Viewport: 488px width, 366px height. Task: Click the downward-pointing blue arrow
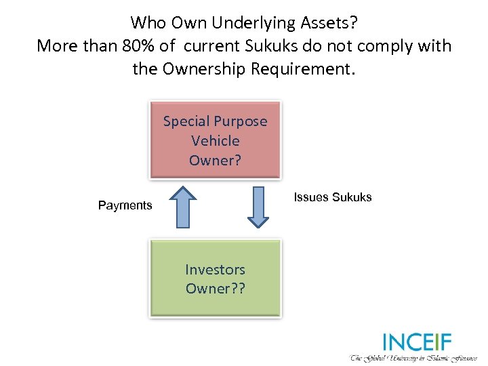pos(258,206)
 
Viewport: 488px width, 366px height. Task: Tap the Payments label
pos(125,205)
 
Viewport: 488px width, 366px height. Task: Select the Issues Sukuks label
pos(332,197)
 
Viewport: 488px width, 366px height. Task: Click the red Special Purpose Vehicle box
pos(215,140)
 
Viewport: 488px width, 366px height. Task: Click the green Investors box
pos(215,279)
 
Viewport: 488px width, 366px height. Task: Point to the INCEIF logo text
pos(416,342)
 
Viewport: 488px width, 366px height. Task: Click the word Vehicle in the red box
pos(215,141)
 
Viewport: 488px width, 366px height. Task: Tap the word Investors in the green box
pos(215,269)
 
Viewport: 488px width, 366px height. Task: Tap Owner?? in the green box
pos(215,288)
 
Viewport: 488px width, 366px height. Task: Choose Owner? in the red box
pos(215,161)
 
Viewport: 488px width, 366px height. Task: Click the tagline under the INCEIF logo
pos(413,357)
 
